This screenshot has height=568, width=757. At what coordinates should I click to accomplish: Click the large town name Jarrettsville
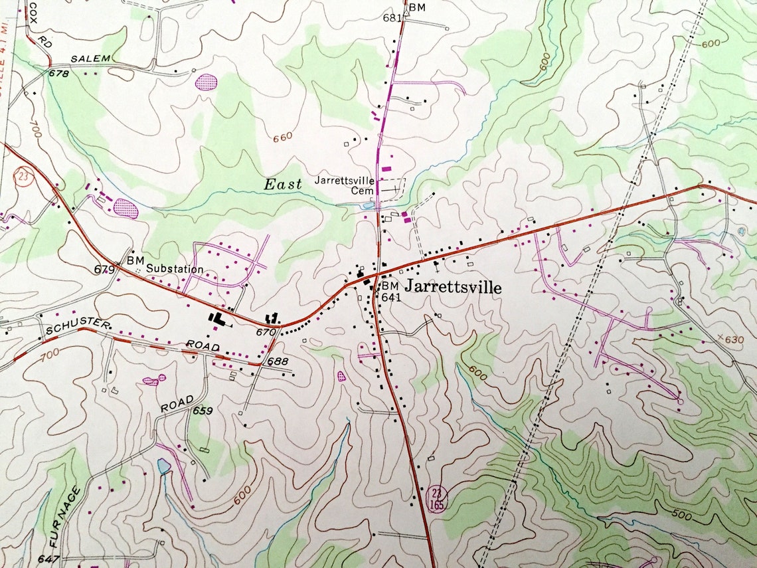(x=453, y=287)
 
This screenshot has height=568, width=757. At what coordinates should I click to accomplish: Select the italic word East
(x=283, y=185)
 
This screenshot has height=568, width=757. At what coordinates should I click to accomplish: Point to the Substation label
(x=175, y=269)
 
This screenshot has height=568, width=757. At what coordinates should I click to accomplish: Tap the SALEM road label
(x=91, y=58)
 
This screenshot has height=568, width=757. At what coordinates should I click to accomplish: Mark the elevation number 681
(x=392, y=18)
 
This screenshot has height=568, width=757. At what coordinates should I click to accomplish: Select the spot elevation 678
(x=58, y=73)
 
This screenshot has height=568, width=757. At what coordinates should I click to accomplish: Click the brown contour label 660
(x=282, y=137)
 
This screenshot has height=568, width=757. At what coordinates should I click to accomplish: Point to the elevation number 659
(x=203, y=411)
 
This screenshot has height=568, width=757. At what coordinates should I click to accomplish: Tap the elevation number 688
(x=278, y=361)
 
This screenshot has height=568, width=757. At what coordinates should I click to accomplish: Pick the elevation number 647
(x=48, y=559)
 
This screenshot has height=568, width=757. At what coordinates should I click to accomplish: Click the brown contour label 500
(x=681, y=516)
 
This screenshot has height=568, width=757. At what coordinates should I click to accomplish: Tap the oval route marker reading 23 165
(x=436, y=498)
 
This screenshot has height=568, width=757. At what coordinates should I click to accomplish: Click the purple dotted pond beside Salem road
(x=207, y=82)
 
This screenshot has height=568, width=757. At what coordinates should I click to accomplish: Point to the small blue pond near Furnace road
(x=163, y=466)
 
